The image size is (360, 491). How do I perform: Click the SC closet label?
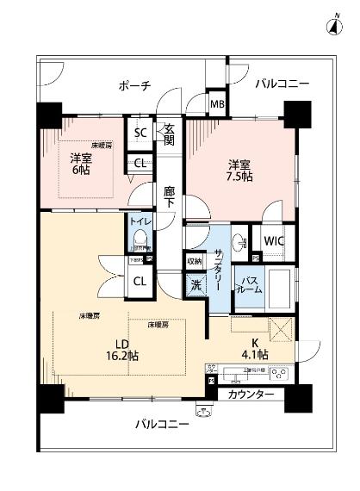click(x=140, y=132)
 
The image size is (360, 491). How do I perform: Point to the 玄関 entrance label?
click(x=170, y=135)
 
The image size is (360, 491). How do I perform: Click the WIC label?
click(x=275, y=240)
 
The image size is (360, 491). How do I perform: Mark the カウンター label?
click(x=251, y=395)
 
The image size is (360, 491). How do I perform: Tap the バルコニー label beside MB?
click(x=282, y=84)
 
